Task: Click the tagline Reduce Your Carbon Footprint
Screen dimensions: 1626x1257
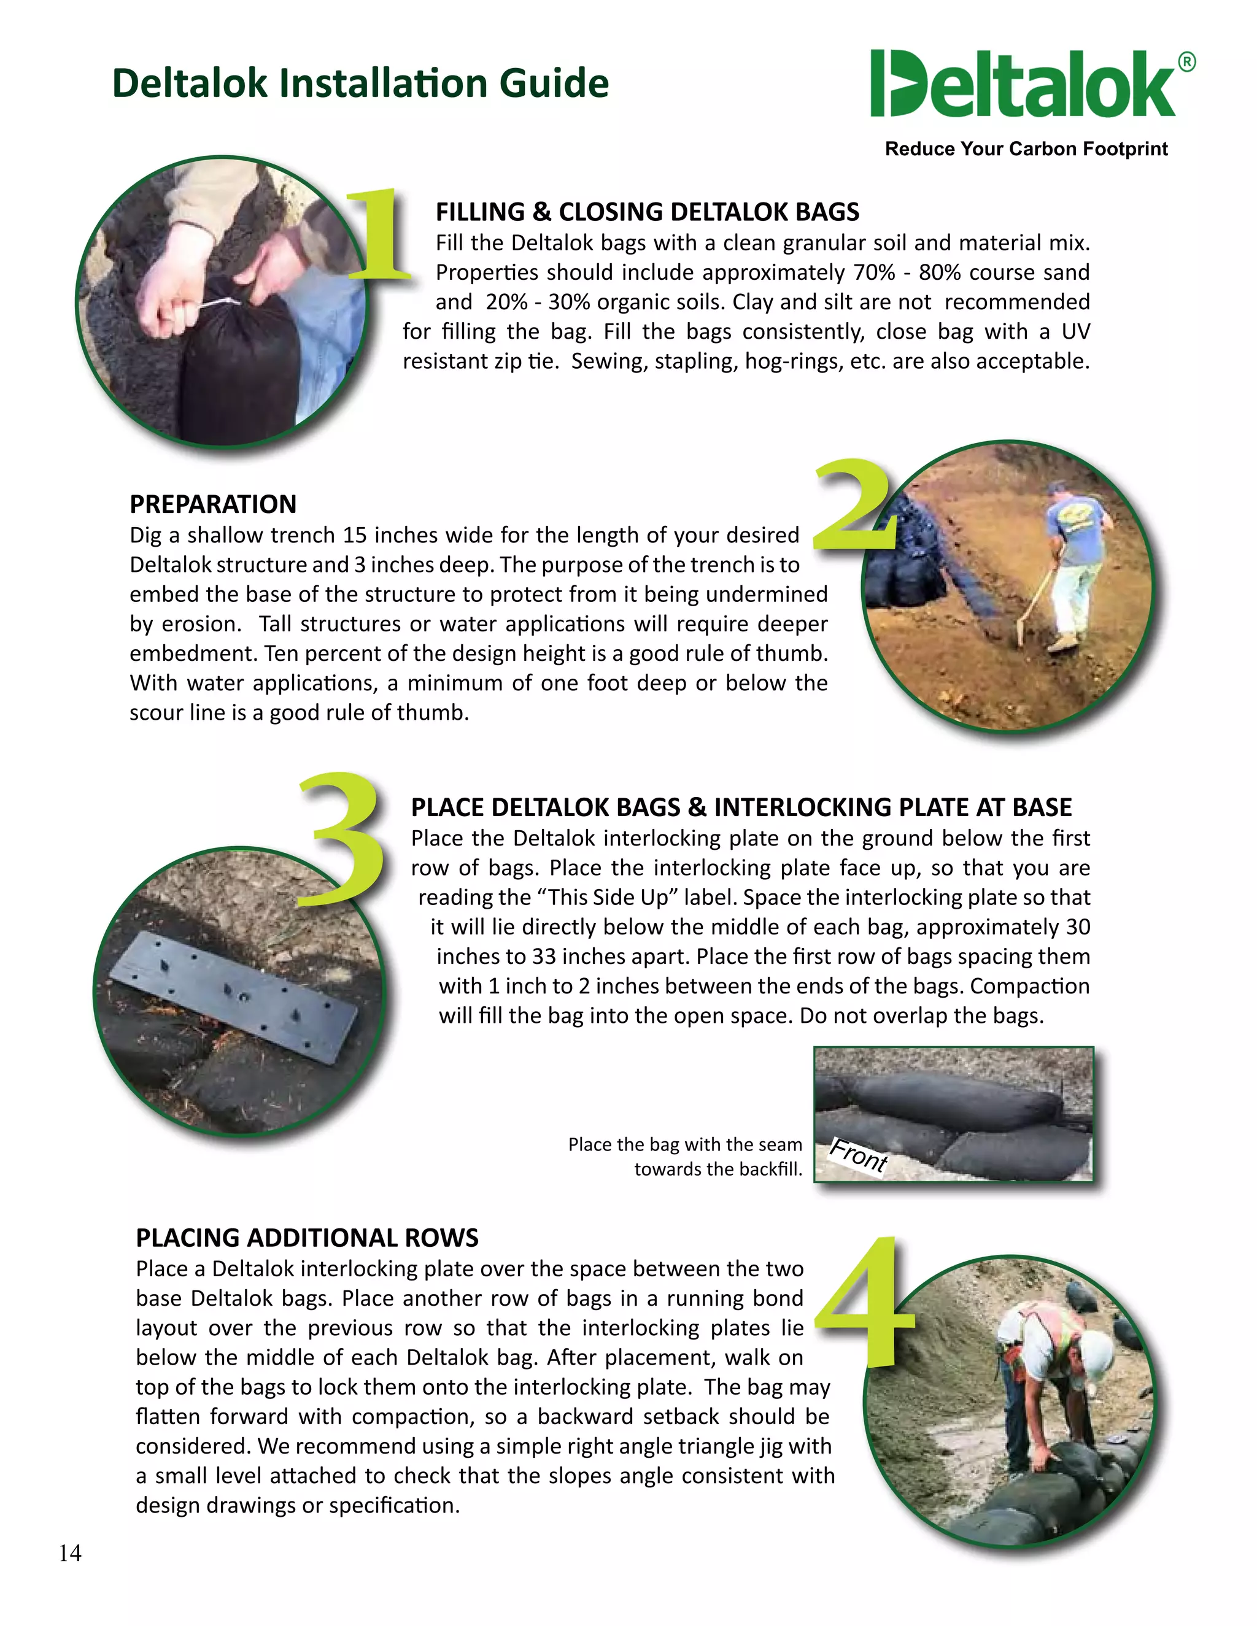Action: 1026,149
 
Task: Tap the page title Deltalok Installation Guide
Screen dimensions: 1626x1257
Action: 360,83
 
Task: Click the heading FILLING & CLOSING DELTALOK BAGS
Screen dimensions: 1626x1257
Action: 647,212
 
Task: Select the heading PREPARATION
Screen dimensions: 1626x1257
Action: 213,504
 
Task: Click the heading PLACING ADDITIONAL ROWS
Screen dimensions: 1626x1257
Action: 307,1238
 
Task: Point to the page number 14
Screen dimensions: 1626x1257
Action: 70,1553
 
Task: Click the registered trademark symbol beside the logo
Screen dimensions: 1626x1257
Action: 1187,63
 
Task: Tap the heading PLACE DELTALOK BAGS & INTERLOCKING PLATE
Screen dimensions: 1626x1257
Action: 741,807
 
